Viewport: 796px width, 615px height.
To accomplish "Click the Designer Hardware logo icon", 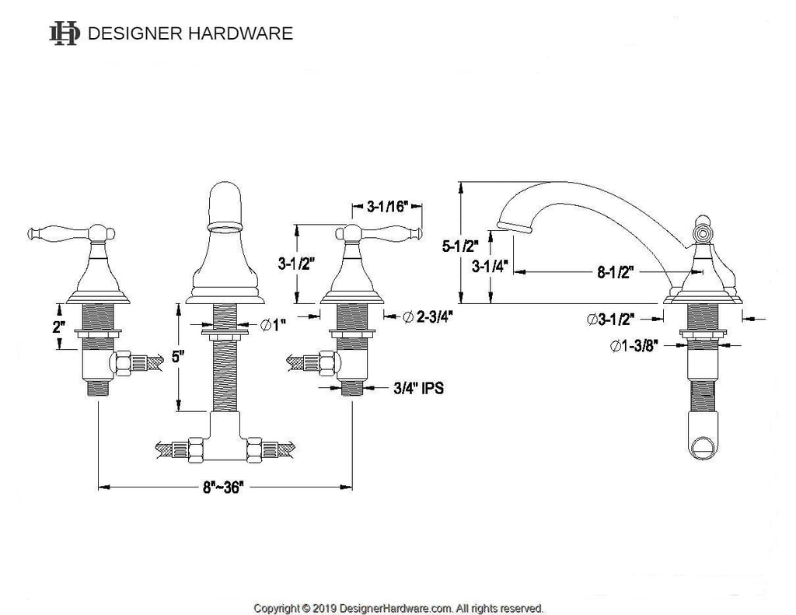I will tap(64, 33).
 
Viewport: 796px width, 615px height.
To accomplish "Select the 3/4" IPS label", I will tap(418, 387).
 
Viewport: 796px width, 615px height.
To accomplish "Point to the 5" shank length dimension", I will tap(178, 358).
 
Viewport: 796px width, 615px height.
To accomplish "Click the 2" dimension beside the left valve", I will tap(59, 327).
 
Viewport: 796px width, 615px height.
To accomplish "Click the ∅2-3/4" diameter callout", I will tap(428, 316).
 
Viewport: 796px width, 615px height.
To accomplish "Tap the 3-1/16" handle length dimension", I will tap(386, 207).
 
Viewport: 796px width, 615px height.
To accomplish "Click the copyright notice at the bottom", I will tap(398, 607).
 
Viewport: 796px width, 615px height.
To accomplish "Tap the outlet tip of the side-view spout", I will tap(515, 226).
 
